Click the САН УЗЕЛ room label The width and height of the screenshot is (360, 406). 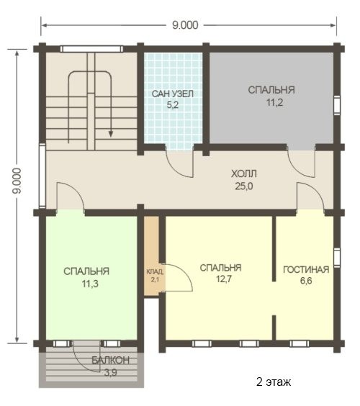tap(173, 94)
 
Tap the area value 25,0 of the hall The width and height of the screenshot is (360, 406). tap(244, 186)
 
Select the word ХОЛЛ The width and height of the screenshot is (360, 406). tap(244, 173)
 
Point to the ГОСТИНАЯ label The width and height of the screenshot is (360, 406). tap(306, 269)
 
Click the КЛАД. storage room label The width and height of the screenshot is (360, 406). tap(155, 271)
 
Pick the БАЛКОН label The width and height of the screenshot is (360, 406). tap(111, 360)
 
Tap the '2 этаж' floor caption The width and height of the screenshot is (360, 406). tap(274, 382)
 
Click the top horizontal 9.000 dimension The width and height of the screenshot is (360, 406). tap(185, 25)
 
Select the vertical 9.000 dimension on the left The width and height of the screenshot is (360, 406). tap(17, 181)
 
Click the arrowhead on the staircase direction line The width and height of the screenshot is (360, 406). tap(111, 134)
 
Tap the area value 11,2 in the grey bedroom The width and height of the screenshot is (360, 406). tap(274, 102)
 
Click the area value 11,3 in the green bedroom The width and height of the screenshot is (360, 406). tap(90, 284)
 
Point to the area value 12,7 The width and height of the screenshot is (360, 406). tap(225, 279)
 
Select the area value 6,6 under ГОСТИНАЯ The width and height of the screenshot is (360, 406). tap(306, 281)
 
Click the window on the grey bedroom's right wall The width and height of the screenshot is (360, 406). tap(337, 105)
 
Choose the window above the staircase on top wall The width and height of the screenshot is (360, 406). tap(91, 49)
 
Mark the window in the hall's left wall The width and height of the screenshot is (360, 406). tap(42, 176)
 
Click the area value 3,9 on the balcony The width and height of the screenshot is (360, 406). tap(111, 373)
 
